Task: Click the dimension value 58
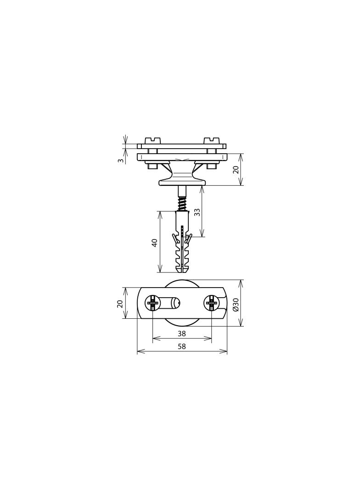[182, 346]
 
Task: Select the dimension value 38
[182, 334]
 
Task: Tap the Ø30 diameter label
[236, 304]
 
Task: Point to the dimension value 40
[155, 243]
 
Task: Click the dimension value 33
[197, 212]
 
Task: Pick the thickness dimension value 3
[120, 160]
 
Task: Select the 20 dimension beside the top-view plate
[120, 303]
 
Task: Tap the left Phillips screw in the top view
[152, 303]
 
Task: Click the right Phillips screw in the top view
[211, 303]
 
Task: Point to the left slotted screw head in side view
[152, 139]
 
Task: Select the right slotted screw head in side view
[211, 139]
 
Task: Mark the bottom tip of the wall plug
[182, 271]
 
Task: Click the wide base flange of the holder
[182, 183]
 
